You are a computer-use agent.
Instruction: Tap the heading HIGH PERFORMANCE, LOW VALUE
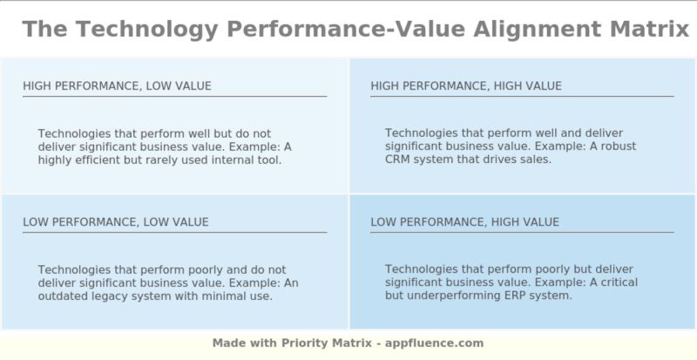pyautogui.click(x=117, y=85)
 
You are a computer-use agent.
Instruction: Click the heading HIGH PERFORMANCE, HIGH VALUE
pyautogui.click(x=466, y=85)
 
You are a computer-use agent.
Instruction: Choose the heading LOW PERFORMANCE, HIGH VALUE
pyautogui.click(x=464, y=222)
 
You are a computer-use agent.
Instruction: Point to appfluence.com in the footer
pyautogui.click(x=436, y=343)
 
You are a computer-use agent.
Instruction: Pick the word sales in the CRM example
pyautogui.click(x=536, y=160)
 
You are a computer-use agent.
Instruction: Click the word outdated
pyautogui.click(x=64, y=295)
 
